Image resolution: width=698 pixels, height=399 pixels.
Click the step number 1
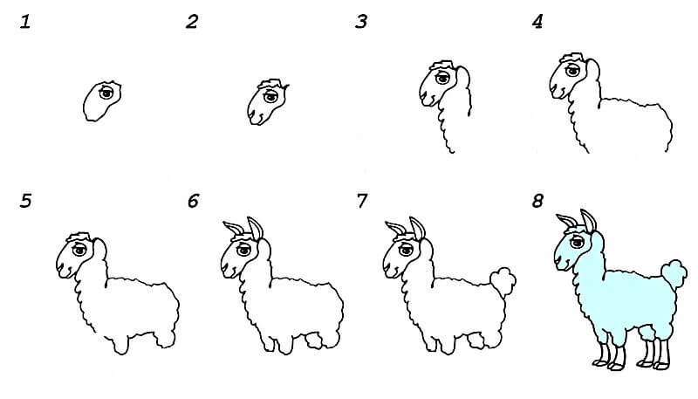click(x=25, y=21)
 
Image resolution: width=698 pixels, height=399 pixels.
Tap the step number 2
click(x=192, y=21)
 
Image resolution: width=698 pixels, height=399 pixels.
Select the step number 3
click(x=361, y=21)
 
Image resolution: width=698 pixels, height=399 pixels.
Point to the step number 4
click(x=537, y=21)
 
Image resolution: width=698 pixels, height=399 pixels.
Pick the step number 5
click(x=25, y=201)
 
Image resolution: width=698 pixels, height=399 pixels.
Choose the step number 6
click(x=193, y=201)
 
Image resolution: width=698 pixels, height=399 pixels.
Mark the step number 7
click(x=362, y=201)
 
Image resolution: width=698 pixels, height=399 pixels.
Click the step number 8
click(x=537, y=201)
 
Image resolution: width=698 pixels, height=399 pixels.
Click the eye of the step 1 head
click(x=106, y=93)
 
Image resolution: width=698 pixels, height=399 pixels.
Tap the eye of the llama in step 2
click(x=270, y=97)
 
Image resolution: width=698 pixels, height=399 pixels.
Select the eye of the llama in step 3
click(x=442, y=78)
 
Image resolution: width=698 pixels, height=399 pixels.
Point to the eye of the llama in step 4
click(x=572, y=71)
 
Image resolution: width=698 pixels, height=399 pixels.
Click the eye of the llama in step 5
click(x=79, y=250)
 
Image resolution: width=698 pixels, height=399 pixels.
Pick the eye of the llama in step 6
click(x=244, y=250)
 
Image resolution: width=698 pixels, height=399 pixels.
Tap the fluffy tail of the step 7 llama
click(x=503, y=281)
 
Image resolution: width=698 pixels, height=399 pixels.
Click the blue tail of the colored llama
click(x=674, y=273)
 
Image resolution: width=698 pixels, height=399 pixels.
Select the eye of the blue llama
click(x=577, y=242)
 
